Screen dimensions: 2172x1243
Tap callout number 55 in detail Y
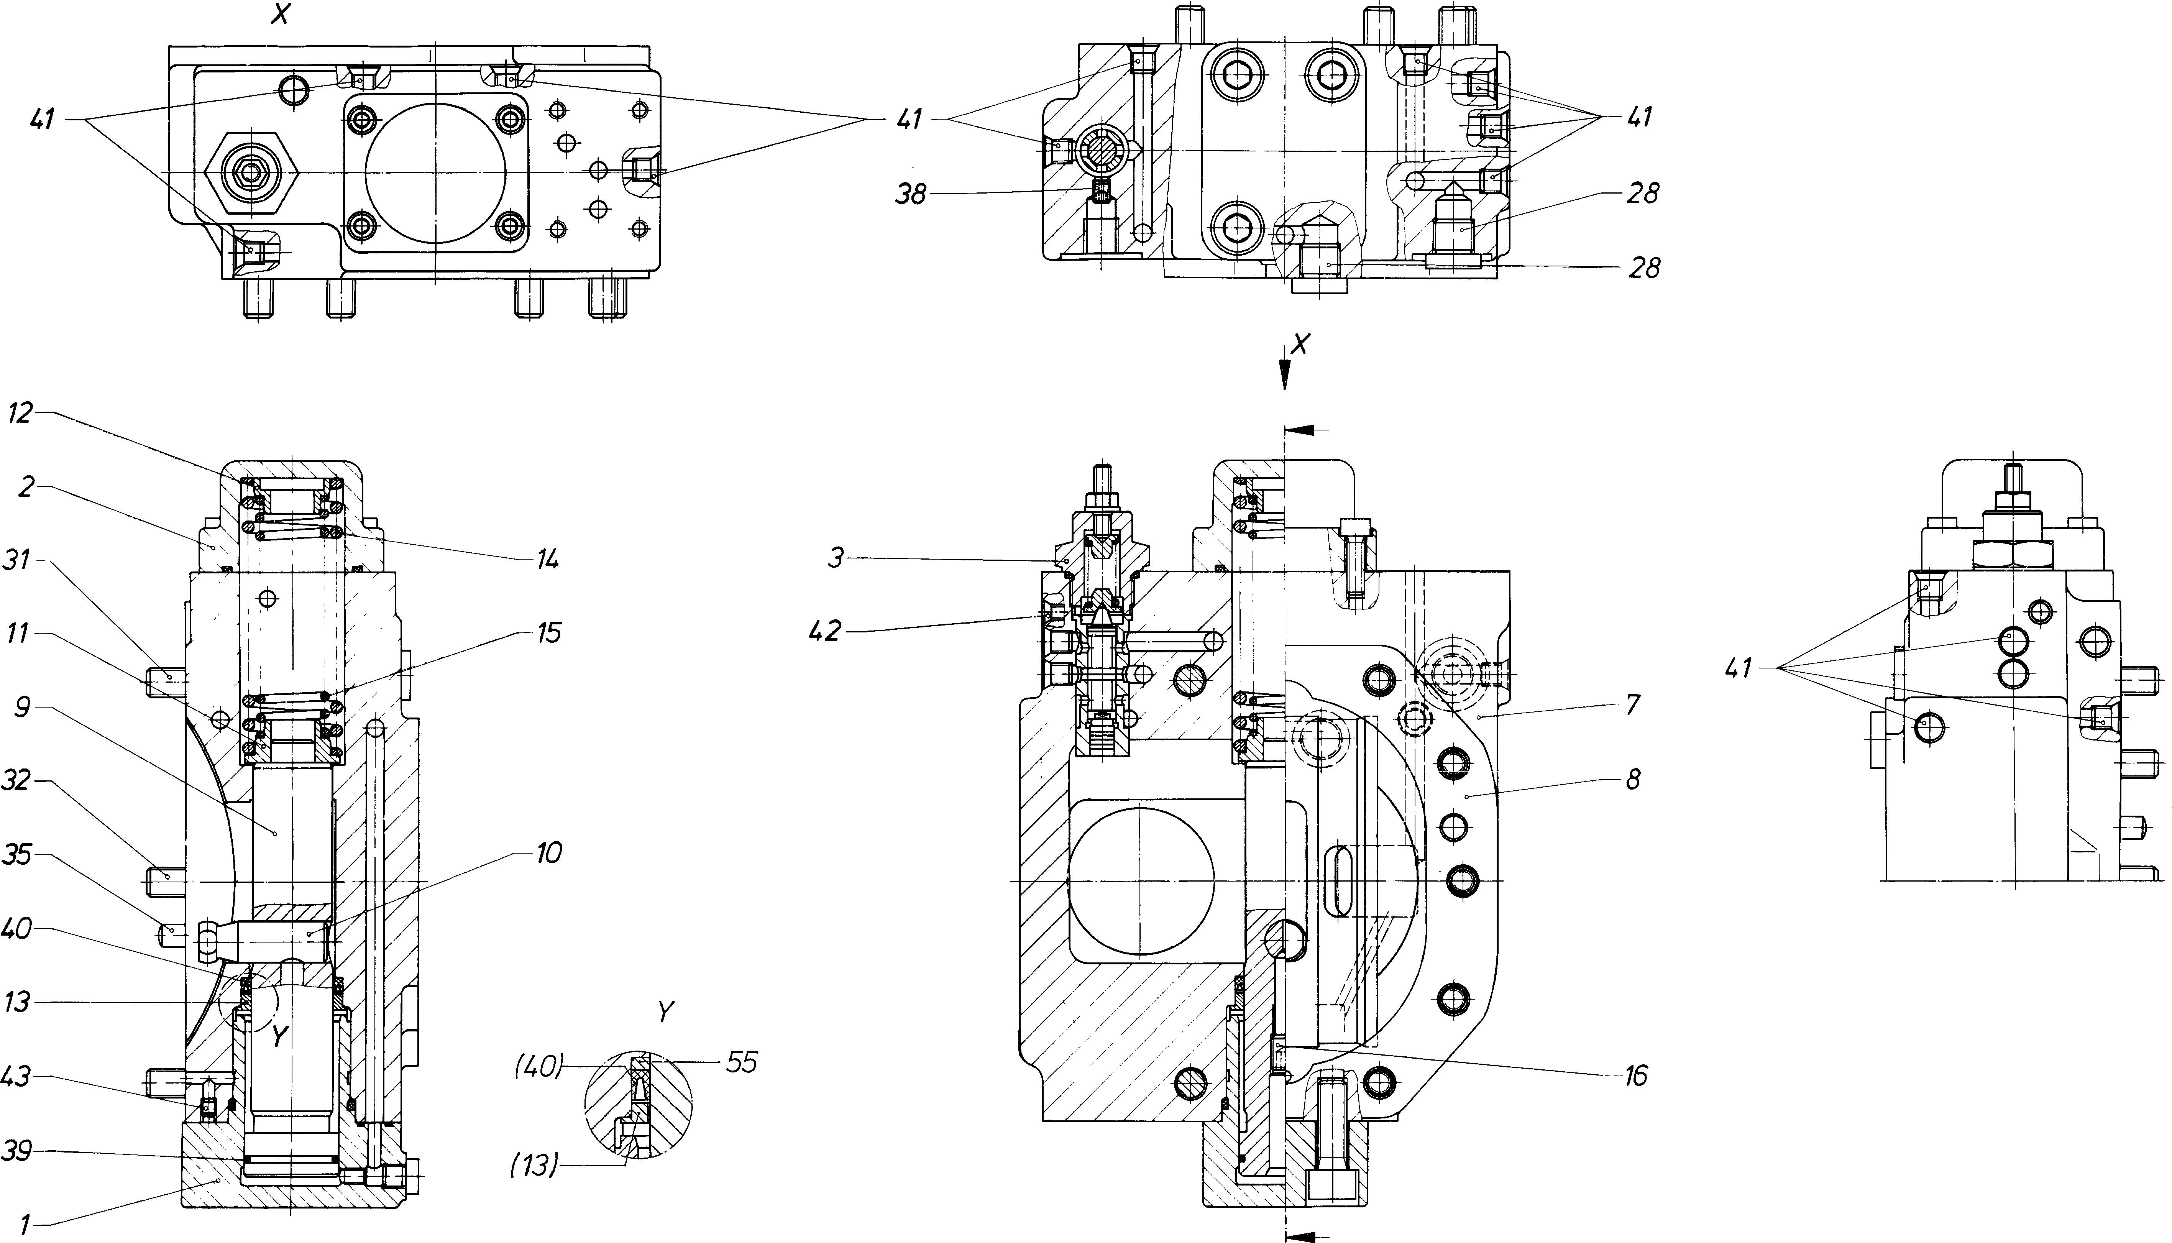(742, 1063)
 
